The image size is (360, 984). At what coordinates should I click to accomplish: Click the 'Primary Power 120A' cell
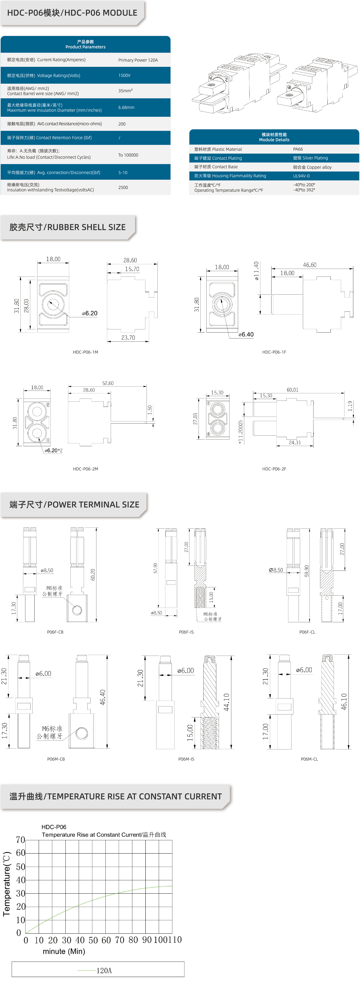tap(138, 60)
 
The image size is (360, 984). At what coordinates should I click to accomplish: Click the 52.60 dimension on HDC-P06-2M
tap(108, 383)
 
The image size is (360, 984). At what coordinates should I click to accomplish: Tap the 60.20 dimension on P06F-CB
tap(92, 575)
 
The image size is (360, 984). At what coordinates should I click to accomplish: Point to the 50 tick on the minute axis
tap(93, 940)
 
